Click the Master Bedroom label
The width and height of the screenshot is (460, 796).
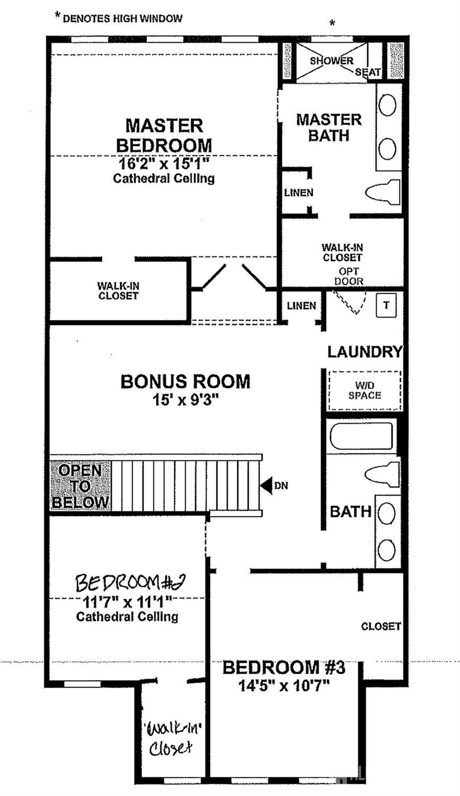coord(164,135)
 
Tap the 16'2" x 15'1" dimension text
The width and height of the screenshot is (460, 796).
coord(163,164)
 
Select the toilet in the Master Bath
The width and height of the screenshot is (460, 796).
coord(383,192)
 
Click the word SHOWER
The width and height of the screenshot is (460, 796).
coord(332,61)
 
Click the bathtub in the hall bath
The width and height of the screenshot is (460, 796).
coord(361,436)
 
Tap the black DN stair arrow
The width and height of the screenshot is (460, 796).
coord(265,485)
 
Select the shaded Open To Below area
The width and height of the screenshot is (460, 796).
coord(80,486)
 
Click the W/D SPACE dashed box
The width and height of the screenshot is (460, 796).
coord(365,390)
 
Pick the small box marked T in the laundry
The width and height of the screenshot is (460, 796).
coord(386,305)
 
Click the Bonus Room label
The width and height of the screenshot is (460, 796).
coord(185,381)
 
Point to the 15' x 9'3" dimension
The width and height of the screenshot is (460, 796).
coord(185,400)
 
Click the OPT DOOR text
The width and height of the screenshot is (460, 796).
coord(349,276)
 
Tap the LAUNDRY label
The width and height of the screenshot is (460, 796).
coord(364,352)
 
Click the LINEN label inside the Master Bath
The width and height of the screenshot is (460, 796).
coord(299,193)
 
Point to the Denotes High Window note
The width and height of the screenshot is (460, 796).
coord(118,18)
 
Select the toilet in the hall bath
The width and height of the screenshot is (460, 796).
coord(382,474)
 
